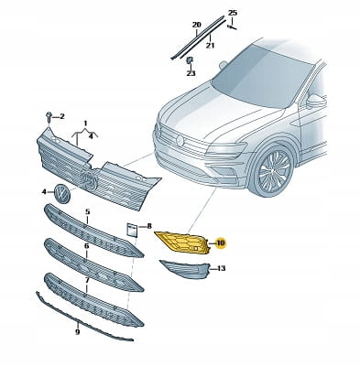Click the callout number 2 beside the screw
coord(61,116)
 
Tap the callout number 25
coord(233,13)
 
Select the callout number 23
coord(191,73)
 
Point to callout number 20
coord(197,25)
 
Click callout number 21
coord(210,46)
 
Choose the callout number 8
coord(149,226)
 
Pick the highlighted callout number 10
coord(220,243)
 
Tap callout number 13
coord(222,268)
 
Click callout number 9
coord(78,332)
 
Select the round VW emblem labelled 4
coord(62,193)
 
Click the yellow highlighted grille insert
coord(182,242)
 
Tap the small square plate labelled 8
coord(132,230)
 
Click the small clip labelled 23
coord(190,59)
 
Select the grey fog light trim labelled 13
coord(185,269)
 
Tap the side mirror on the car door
coord(316,101)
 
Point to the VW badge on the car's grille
coord(180,140)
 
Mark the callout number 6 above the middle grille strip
coord(87,245)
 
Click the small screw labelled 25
coord(232,27)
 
